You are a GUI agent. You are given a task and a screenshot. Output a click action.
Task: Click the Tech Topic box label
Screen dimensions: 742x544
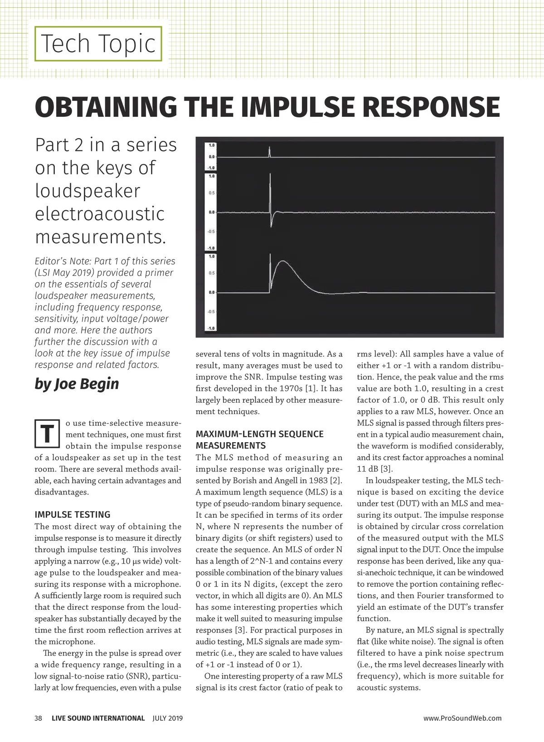[98, 44]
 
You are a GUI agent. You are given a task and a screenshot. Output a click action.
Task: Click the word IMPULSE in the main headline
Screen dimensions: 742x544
[300, 107]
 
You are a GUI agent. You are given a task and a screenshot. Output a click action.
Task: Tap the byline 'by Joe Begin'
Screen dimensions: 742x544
[77, 384]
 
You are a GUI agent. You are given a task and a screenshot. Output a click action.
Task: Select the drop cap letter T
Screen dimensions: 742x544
[47, 433]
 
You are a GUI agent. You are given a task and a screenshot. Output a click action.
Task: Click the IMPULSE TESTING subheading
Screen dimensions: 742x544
[73, 515]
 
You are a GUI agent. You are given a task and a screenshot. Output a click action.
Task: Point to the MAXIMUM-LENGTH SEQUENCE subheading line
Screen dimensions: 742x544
[259, 434]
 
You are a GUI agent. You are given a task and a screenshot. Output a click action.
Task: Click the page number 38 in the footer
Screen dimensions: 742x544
[39, 718]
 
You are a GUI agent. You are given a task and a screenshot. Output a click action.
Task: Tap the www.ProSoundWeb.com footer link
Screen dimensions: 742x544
[462, 718]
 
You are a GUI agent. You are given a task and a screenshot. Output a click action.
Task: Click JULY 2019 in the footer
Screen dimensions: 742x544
[168, 718]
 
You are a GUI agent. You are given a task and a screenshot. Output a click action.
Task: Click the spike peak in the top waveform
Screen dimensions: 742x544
[269, 148]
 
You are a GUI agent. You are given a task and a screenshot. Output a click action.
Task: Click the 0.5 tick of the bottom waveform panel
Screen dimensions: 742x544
[211, 273]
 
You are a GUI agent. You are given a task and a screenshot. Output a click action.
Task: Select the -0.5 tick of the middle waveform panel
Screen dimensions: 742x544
[211, 231]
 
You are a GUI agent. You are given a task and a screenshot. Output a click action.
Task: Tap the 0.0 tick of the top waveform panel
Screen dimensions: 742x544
[211, 157]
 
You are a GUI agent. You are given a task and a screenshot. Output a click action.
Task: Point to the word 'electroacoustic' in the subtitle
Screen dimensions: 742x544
[99, 214]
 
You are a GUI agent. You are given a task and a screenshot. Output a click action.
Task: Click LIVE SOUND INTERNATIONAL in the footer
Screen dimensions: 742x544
[98, 718]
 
